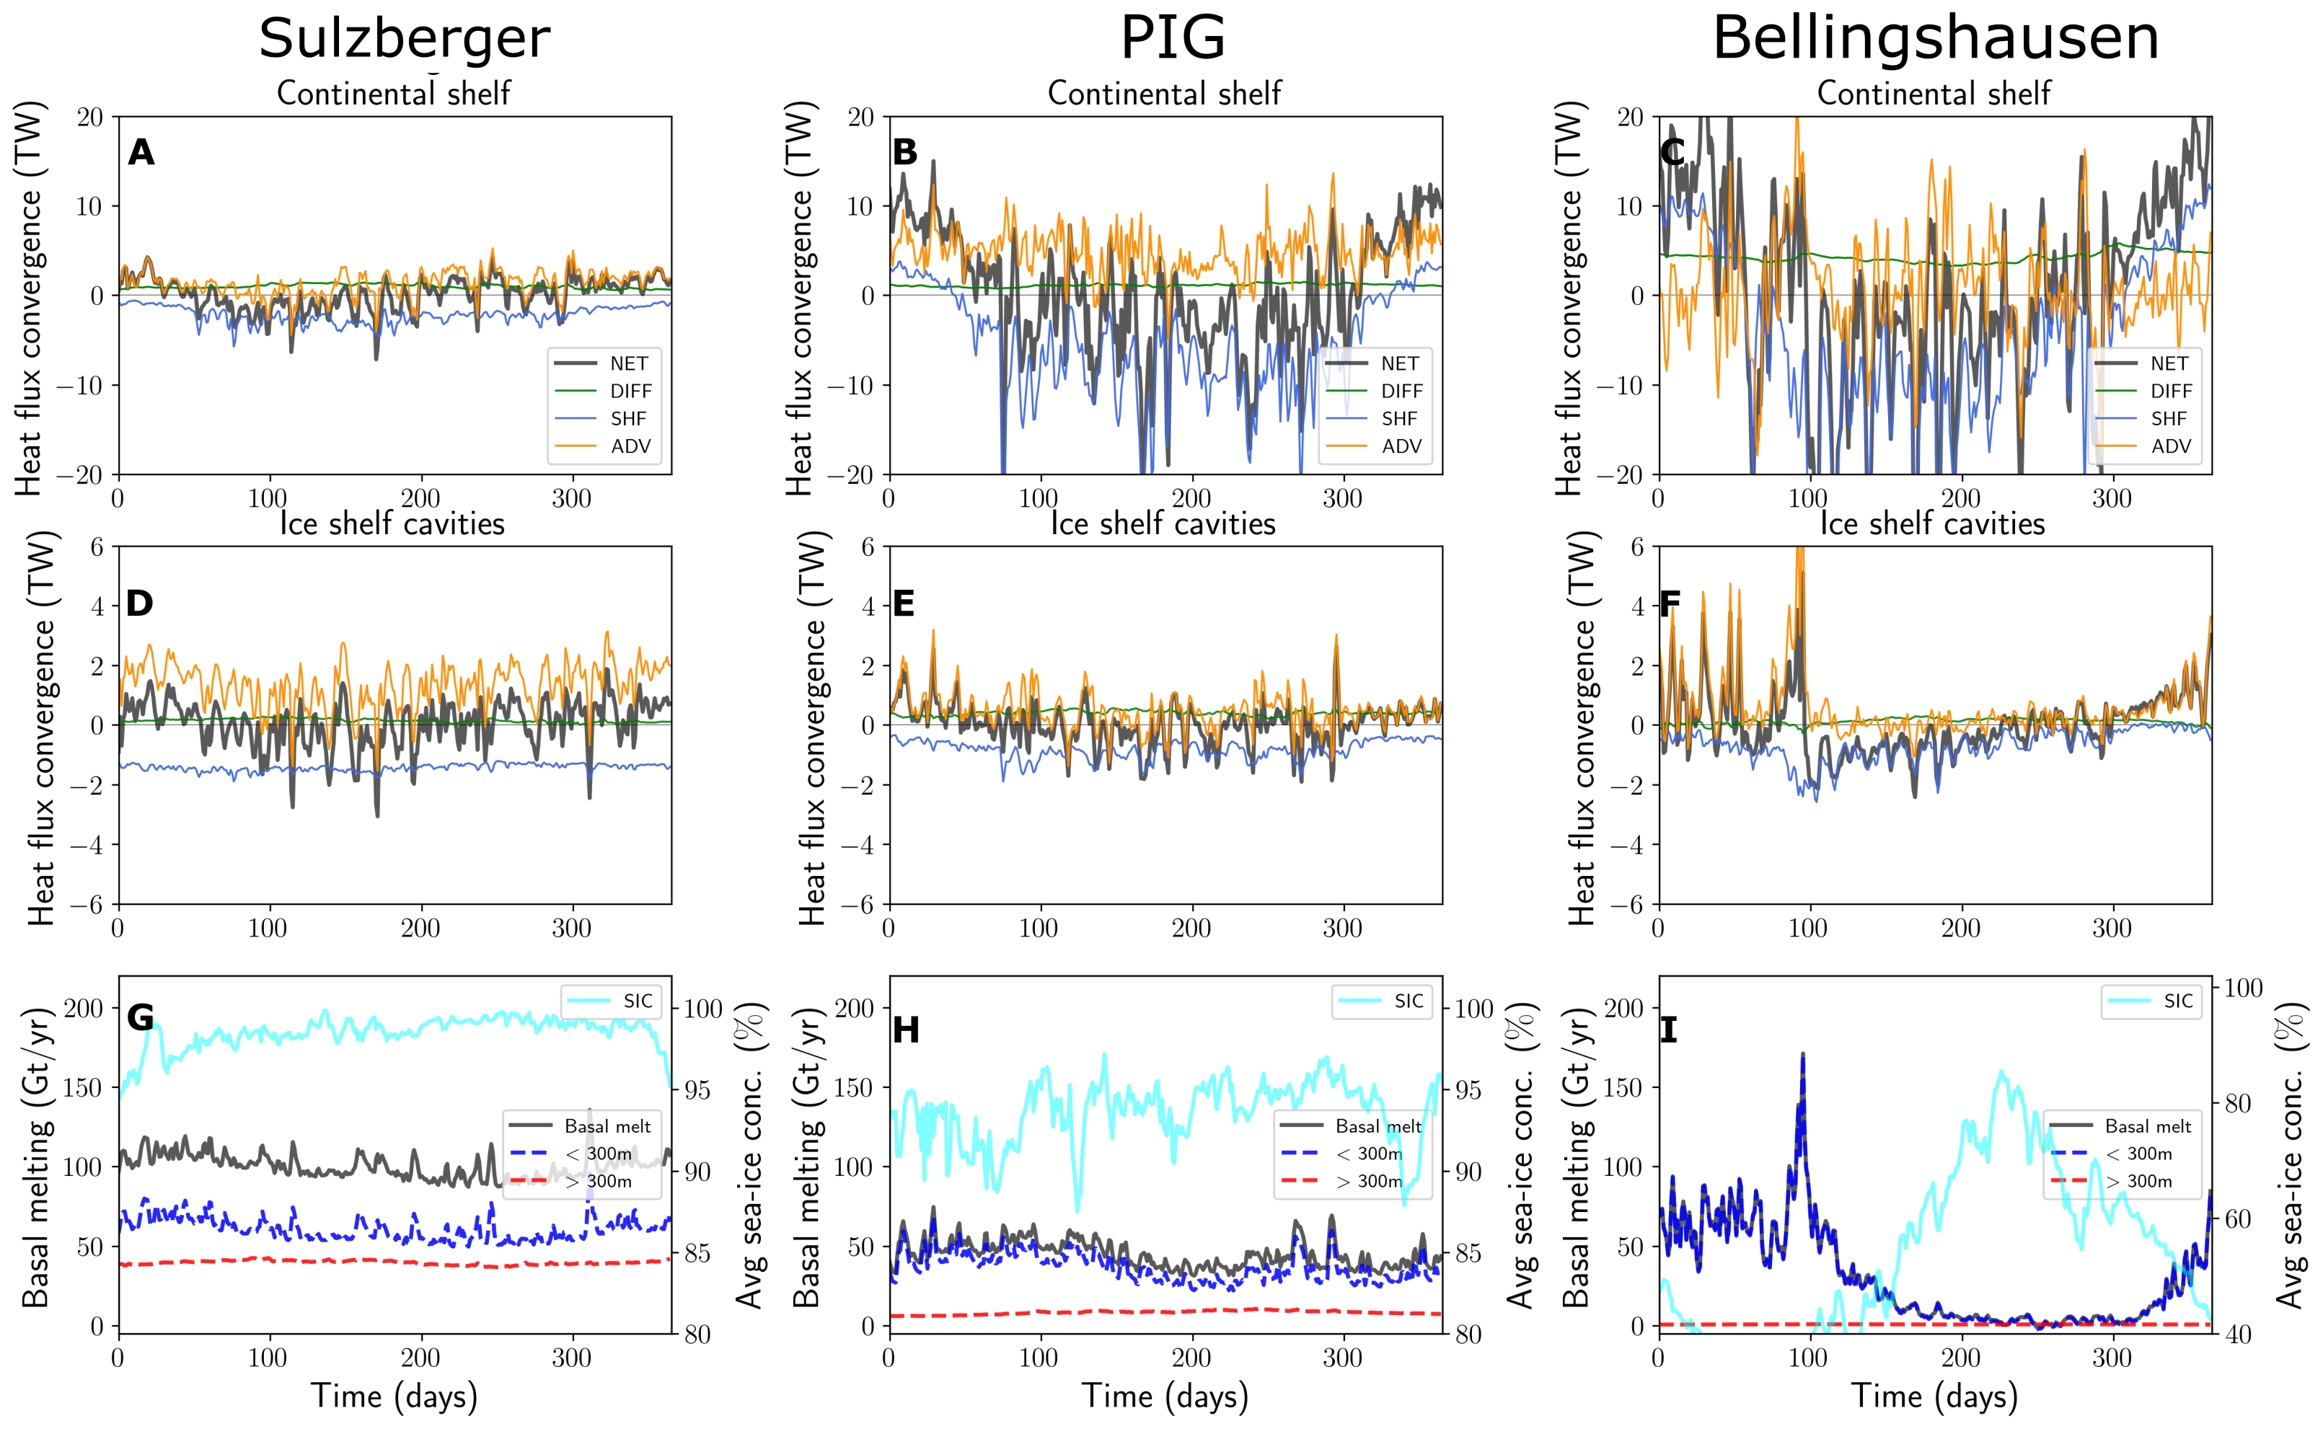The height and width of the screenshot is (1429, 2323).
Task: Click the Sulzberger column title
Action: (x=404, y=40)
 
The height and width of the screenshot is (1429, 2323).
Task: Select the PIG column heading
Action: (x=1172, y=40)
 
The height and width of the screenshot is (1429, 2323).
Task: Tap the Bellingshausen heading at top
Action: (x=1936, y=40)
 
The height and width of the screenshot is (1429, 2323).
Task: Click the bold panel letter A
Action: (x=141, y=153)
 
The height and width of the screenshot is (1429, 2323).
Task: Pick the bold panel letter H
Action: (x=905, y=1030)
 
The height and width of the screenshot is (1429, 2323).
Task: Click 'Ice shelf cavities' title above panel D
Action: (x=392, y=523)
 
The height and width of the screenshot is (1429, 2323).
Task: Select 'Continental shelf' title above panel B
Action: (x=1164, y=94)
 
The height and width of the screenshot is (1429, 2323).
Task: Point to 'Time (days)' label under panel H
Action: (x=1164, y=1396)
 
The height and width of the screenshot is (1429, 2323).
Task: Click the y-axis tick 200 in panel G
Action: (x=84, y=1009)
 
